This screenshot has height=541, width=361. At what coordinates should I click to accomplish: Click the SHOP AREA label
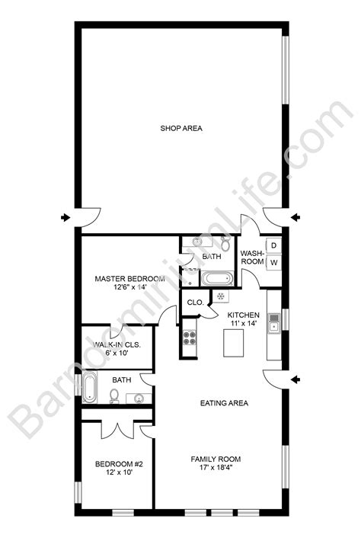coord(180,128)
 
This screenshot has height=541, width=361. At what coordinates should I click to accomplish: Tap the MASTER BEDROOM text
coord(129,279)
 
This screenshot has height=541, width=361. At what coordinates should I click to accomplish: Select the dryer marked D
coord(274,245)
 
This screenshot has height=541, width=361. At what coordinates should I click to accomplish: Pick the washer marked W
coord(274,263)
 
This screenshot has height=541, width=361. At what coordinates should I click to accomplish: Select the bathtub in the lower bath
coord(91,389)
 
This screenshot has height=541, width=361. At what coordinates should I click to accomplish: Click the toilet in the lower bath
coord(113,395)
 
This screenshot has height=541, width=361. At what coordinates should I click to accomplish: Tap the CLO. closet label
coord(194,303)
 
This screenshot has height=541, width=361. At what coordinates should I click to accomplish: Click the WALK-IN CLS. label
coord(117,344)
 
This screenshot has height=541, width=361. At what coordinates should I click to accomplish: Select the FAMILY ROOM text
coord(216,459)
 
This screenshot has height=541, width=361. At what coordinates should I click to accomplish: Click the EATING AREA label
coord(224,403)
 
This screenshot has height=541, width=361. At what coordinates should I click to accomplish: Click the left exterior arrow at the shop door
coord(65,219)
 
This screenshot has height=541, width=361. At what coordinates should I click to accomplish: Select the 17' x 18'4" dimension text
coord(216,469)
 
